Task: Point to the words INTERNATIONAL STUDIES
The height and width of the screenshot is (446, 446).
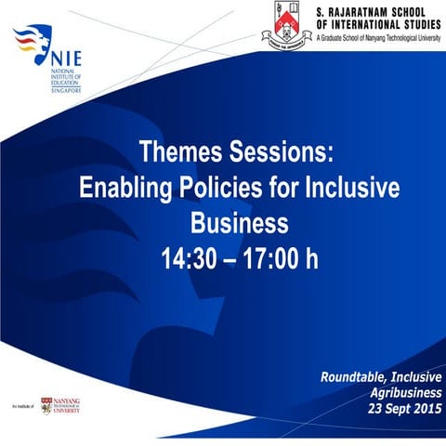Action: [391, 23]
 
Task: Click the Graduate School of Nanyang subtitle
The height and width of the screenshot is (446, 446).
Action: [378, 38]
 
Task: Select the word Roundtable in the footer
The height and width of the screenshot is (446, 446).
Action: [355, 376]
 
